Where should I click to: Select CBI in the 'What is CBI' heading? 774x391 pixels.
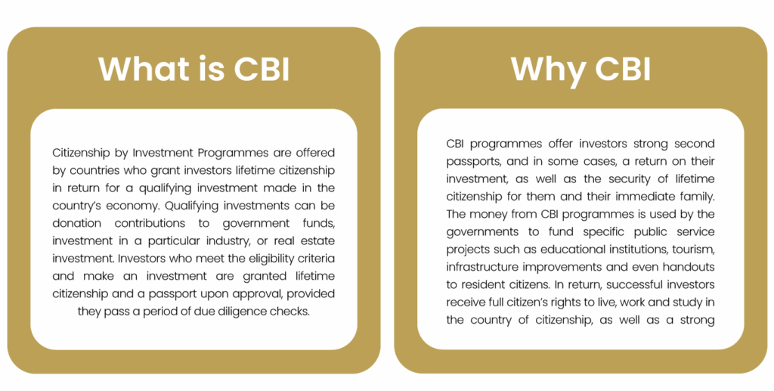point(262,69)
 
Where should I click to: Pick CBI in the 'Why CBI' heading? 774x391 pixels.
point(623,69)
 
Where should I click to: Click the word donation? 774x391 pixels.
point(76,223)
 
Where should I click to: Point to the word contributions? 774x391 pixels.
point(150,223)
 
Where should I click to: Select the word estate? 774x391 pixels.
point(317,241)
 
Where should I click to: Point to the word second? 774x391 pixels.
point(694,144)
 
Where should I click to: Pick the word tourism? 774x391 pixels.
point(693,250)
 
